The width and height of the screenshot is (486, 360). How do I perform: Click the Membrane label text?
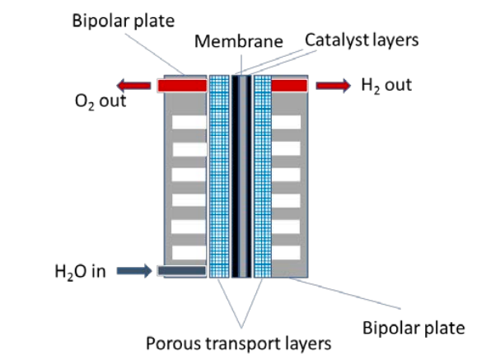(x=239, y=41)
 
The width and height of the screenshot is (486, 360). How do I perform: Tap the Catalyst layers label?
(x=362, y=40)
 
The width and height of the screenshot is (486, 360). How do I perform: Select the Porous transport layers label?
(x=238, y=344)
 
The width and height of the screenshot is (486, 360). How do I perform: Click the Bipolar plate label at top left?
(x=124, y=21)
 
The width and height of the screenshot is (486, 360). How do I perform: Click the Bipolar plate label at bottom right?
(x=414, y=328)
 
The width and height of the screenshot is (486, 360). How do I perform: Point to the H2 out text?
(x=386, y=86)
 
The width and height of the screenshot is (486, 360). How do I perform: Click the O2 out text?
(x=100, y=101)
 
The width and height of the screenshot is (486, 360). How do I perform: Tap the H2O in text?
(x=80, y=271)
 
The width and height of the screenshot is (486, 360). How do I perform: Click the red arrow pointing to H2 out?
(x=333, y=86)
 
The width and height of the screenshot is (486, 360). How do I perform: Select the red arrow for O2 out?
(x=133, y=86)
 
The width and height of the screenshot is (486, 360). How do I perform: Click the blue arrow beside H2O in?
(x=134, y=271)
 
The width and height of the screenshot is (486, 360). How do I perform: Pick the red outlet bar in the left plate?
(x=182, y=86)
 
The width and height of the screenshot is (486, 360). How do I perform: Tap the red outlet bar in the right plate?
(x=289, y=86)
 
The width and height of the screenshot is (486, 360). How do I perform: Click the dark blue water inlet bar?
(x=181, y=271)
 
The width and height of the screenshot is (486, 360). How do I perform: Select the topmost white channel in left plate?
(x=189, y=122)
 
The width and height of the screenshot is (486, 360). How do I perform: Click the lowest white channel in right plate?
(x=286, y=252)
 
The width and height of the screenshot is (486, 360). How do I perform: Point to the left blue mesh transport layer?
(x=219, y=176)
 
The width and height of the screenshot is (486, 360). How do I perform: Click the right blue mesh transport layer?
(x=263, y=176)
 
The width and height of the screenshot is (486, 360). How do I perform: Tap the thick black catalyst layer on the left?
(x=236, y=176)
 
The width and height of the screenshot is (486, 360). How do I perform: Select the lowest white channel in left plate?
(x=189, y=252)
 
